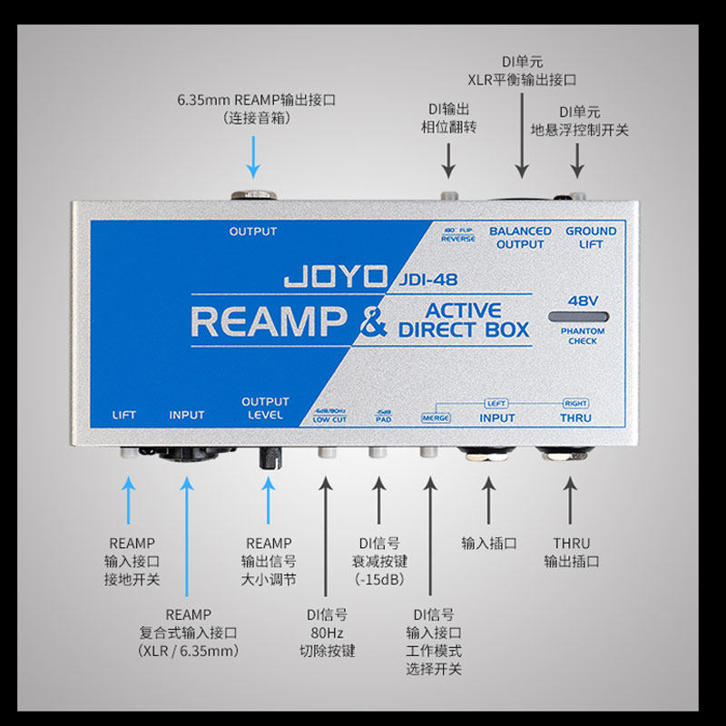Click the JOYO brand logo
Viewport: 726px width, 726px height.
point(337,275)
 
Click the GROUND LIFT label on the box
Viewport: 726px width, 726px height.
point(591,238)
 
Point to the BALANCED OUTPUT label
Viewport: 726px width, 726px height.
point(520,238)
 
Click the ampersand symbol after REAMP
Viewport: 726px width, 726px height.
point(371,322)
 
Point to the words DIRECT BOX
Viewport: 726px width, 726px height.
point(464,329)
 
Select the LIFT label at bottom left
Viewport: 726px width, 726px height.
point(124,416)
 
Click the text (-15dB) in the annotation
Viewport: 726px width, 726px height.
point(379,579)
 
